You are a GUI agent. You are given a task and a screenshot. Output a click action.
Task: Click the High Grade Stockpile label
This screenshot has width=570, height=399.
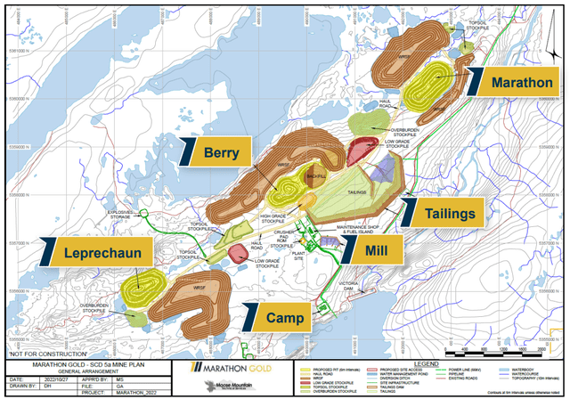273,216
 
